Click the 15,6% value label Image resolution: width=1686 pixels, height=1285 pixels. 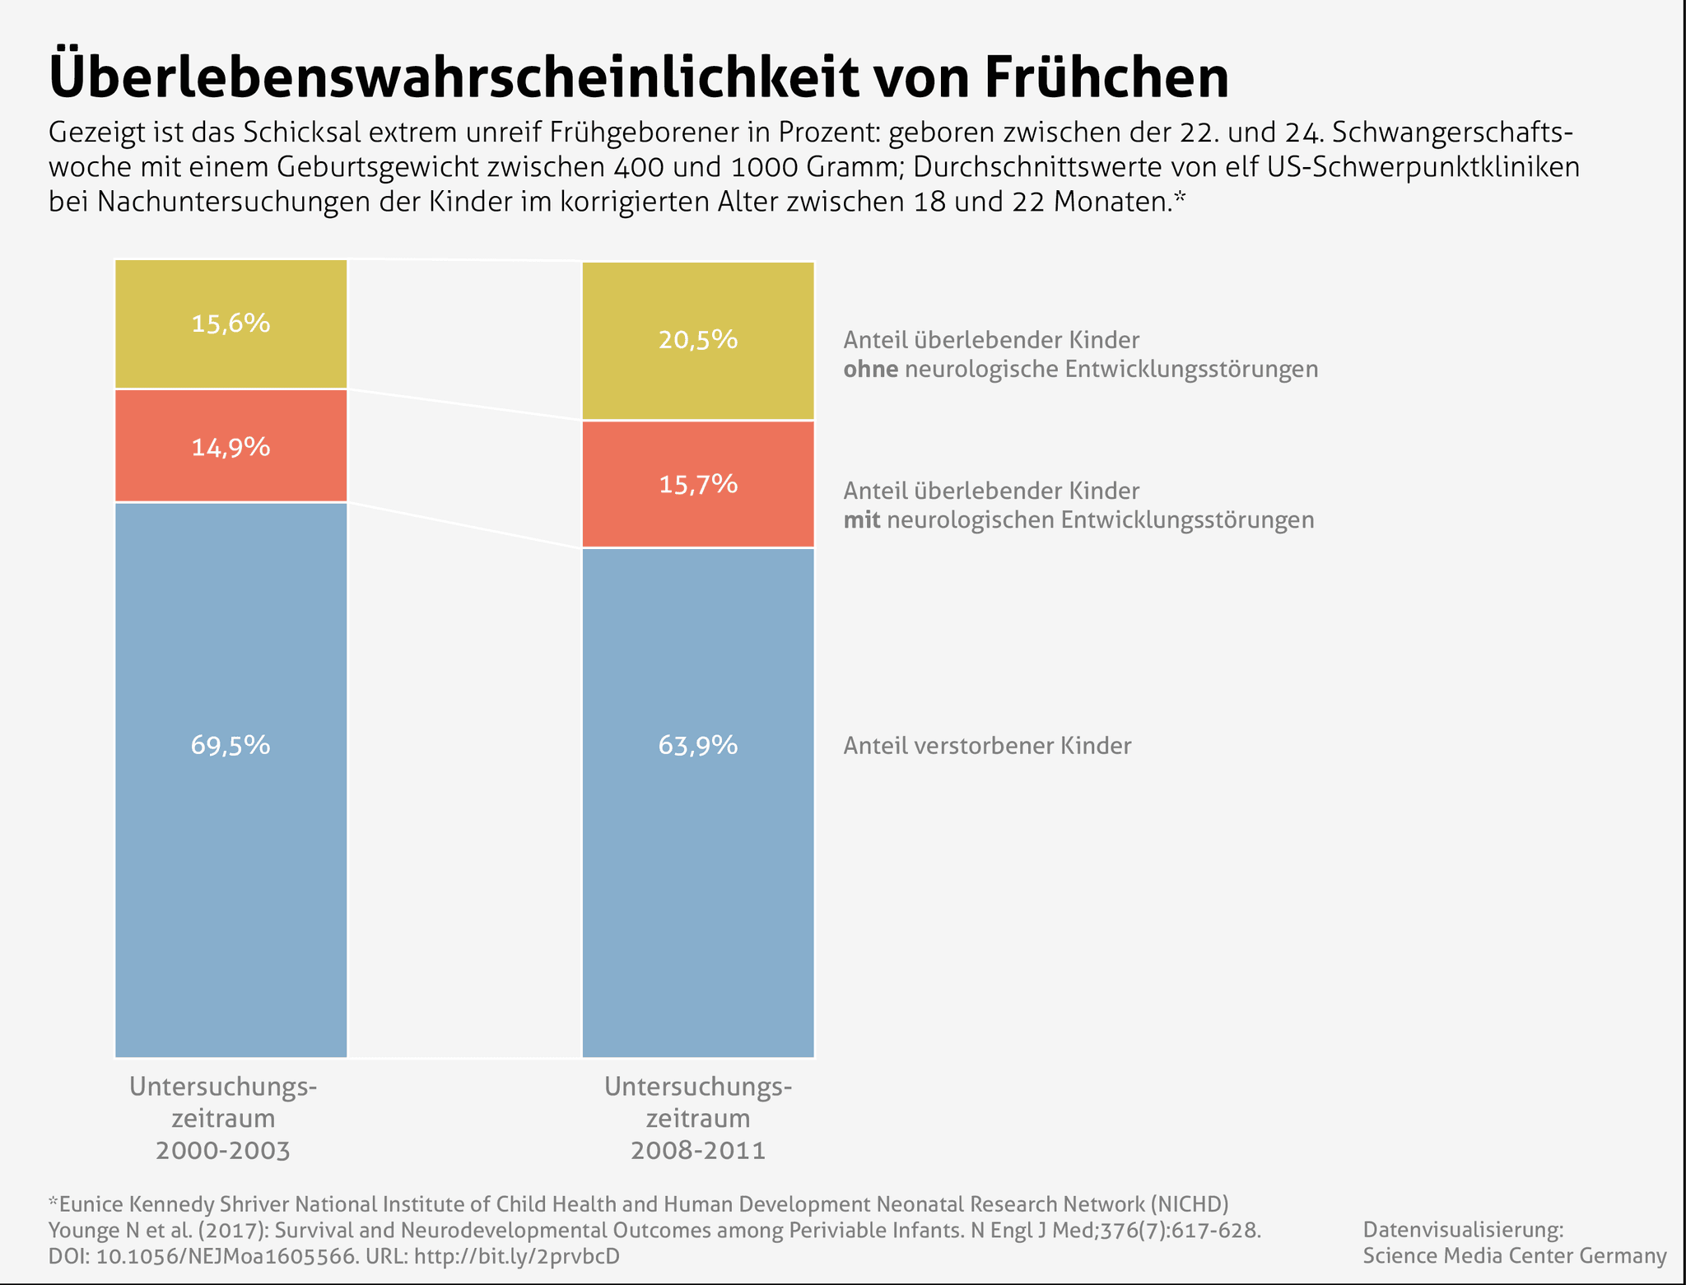click(x=231, y=324)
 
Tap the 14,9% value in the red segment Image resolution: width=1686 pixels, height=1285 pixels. click(x=231, y=447)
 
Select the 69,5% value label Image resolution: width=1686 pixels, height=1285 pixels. click(x=231, y=745)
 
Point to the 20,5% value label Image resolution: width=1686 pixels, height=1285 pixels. click(x=698, y=339)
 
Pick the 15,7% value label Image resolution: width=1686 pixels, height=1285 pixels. click(x=698, y=484)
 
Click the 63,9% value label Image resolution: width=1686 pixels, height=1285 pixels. click(x=698, y=745)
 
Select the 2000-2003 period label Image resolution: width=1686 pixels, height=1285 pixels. click(x=223, y=1150)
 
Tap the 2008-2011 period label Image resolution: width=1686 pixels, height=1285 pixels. click(x=698, y=1150)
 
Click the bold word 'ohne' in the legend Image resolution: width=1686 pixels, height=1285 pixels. click(x=870, y=369)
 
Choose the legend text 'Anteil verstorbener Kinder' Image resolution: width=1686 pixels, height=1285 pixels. click(x=987, y=746)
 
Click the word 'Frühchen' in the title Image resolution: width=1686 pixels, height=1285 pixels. click(x=1105, y=78)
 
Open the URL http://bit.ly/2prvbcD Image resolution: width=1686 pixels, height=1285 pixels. click(x=516, y=1256)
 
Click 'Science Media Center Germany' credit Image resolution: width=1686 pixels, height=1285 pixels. click(x=1514, y=1255)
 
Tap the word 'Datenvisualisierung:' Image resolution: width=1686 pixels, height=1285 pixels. click(x=1463, y=1230)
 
